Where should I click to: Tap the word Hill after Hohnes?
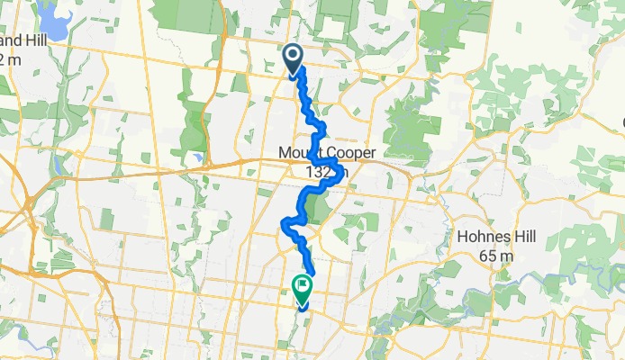point(522,238)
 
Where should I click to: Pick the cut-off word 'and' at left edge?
point(15,42)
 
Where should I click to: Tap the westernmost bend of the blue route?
point(285,221)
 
